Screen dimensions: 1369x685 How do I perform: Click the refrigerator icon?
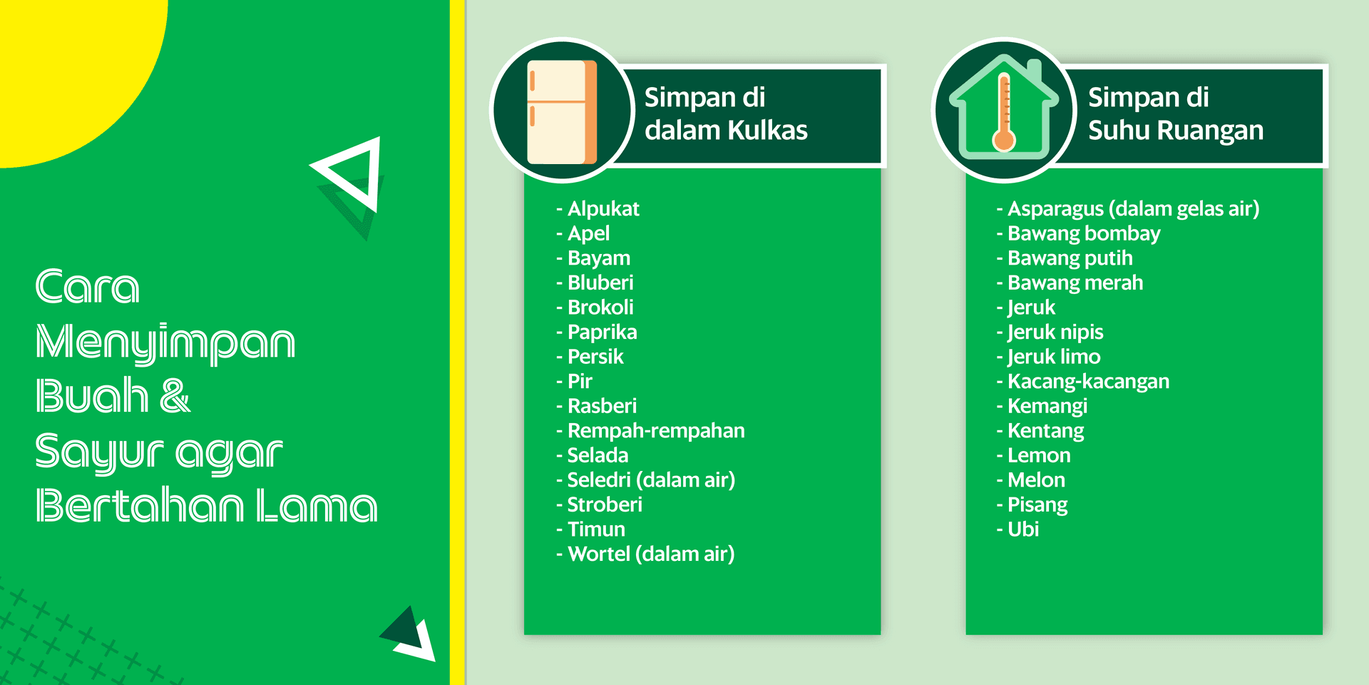(562, 112)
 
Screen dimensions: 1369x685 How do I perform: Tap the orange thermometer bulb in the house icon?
(1004, 140)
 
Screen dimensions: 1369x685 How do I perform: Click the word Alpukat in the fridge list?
(603, 209)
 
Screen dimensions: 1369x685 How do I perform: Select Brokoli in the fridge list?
(600, 308)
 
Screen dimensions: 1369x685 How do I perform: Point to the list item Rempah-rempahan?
(656, 431)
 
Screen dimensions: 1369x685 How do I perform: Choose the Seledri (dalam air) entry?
(651, 480)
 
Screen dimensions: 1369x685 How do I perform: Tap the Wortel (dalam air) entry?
(651, 554)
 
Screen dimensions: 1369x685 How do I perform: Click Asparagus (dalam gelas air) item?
(1134, 209)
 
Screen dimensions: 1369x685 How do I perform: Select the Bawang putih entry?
(1070, 258)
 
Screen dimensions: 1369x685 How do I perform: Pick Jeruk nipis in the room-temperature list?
(1055, 333)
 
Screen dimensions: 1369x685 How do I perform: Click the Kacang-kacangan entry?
(1089, 382)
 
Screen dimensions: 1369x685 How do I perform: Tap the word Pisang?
(1037, 505)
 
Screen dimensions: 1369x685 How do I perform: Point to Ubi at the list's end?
(1023, 529)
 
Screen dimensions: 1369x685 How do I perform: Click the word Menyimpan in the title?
(165, 342)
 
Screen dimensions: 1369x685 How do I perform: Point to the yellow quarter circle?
(71, 71)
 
